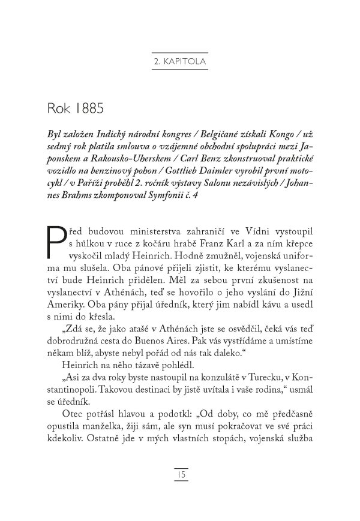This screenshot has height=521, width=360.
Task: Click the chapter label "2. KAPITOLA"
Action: [x=179, y=61]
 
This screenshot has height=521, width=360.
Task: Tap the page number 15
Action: [x=180, y=475]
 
